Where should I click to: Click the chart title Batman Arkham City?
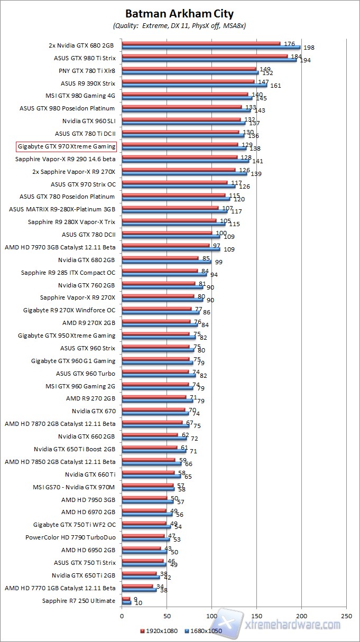179,14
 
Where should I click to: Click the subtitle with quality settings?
179,25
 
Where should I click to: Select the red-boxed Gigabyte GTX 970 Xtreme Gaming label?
67,146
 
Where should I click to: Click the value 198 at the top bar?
309,48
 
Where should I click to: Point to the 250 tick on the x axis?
346,616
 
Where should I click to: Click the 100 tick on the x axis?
211,616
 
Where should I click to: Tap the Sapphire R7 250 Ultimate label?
79,601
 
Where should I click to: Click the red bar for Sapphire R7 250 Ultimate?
126,599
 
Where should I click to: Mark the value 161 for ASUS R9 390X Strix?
275,86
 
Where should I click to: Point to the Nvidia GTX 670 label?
94,411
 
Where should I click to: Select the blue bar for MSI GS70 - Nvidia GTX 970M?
147,489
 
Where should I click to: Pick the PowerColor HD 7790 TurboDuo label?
70,537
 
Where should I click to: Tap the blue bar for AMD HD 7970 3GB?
170,249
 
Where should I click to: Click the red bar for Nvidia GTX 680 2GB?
160,258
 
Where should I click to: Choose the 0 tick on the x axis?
122,616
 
